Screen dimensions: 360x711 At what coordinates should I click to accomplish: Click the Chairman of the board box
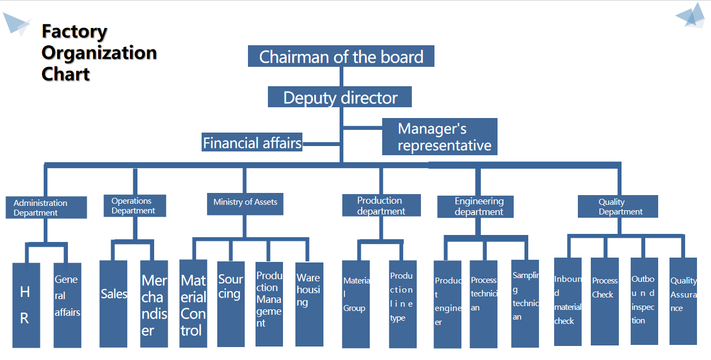coord(341,57)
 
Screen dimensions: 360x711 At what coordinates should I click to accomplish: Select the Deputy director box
coord(340,98)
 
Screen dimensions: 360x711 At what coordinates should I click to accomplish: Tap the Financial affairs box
coord(252,143)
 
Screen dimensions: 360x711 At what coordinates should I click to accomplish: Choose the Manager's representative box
coord(439,137)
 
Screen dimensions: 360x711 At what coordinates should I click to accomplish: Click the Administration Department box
coord(46,207)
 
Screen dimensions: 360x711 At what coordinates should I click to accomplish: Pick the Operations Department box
coord(135,206)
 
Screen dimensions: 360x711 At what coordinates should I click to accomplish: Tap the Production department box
coord(381,206)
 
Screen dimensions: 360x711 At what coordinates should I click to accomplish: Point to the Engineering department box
coord(475,206)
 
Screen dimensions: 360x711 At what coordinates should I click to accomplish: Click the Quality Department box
coord(618,206)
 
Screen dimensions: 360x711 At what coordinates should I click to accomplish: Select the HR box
coord(26,305)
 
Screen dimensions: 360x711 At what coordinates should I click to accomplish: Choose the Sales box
coord(113,303)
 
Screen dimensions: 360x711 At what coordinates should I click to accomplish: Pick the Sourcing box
coord(231,303)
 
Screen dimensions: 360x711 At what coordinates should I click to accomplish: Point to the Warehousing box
coord(309,303)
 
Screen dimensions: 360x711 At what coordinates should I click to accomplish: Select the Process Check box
coord(604,301)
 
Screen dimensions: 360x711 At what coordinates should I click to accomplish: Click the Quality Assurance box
coord(683,301)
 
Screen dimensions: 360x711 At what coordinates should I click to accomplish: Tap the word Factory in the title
coord(74,31)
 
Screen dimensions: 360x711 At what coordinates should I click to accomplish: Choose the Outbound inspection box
coord(644,301)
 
